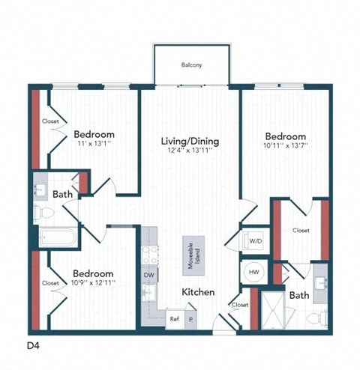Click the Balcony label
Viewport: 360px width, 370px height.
tap(191, 65)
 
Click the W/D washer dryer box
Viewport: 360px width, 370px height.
tap(255, 241)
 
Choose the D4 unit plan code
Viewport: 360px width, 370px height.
tap(34, 345)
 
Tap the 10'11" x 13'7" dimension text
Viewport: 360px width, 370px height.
tap(286, 147)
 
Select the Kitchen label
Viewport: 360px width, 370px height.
tap(198, 291)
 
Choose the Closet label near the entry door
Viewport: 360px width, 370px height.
tap(240, 305)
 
